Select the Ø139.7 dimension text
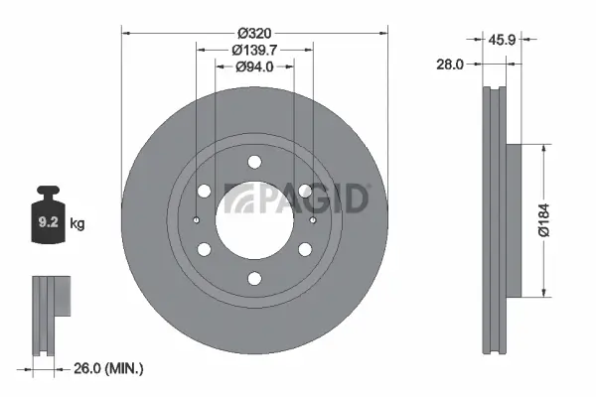[x=254, y=49]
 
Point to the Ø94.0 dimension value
[x=254, y=66]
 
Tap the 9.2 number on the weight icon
[x=47, y=224]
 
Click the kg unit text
[x=77, y=224]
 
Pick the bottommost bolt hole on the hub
[x=254, y=278]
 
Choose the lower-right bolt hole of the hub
[x=304, y=249]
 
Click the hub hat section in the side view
[x=513, y=219]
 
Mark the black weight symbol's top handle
[x=47, y=191]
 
